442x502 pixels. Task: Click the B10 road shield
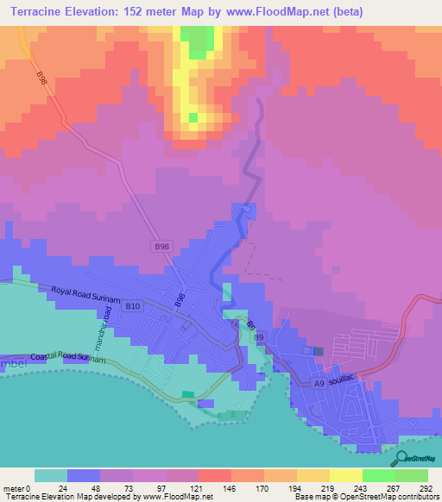[133, 306]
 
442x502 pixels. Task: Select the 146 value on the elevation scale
[230, 488]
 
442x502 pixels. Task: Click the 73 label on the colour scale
[132, 488]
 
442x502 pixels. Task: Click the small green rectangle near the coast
[188, 395]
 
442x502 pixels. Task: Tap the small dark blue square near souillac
[319, 350]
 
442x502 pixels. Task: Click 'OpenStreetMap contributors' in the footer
[381, 497]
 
